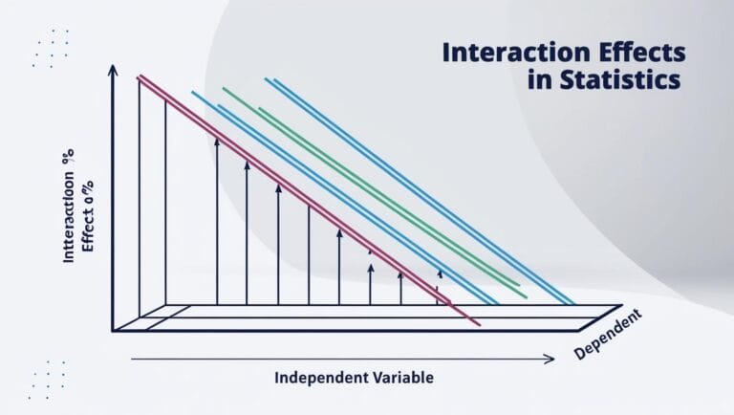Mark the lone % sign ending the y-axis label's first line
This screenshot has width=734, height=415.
click(x=69, y=163)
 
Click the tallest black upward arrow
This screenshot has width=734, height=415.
click(x=217, y=220)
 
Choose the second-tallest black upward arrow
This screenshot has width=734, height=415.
click(x=248, y=229)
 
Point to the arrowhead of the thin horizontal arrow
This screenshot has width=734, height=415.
click(x=549, y=360)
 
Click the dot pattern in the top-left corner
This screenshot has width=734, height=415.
click(x=50, y=48)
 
